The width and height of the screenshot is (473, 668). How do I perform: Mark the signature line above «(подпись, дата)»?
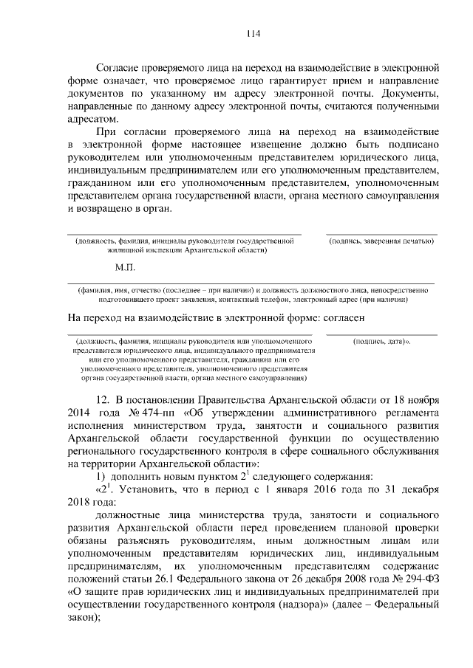pyautogui.click(x=381, y=335)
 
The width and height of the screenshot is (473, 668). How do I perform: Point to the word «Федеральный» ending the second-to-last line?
pyautogui.click(x=406, y=602)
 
